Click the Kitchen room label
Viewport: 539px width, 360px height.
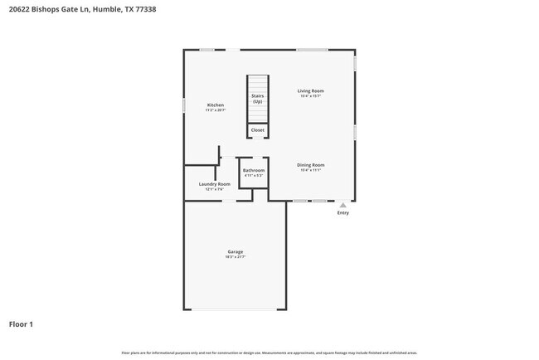tap(216, 105)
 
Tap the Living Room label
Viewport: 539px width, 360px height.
tap(311, 90)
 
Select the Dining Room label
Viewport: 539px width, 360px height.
tap(311, 165)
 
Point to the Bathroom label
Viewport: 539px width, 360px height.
tap(253, 170)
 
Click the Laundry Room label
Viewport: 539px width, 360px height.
tap(214, 184)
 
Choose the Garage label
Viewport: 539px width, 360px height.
tap(236, 251)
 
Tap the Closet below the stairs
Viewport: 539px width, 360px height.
tap(258, 130)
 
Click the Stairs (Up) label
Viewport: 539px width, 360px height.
tap(258, 99)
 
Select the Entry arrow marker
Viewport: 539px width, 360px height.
tap(342, 204)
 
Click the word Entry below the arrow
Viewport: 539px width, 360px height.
tap(342, 213)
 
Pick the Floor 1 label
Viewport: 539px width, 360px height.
tap(22, 324)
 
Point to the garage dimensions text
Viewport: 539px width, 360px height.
tap(236, 257)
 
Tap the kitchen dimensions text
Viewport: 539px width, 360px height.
tap(216, 110)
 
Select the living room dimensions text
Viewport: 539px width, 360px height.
tap(311, 96)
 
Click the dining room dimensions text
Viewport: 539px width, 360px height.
tap(311, 171)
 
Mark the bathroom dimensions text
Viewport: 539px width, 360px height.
tap(253, 176)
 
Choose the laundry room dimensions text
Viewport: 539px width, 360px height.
tap(214, 190)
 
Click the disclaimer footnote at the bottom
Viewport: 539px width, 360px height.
tap(269, 353)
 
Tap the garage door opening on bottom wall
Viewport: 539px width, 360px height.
tap(236, 309)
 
